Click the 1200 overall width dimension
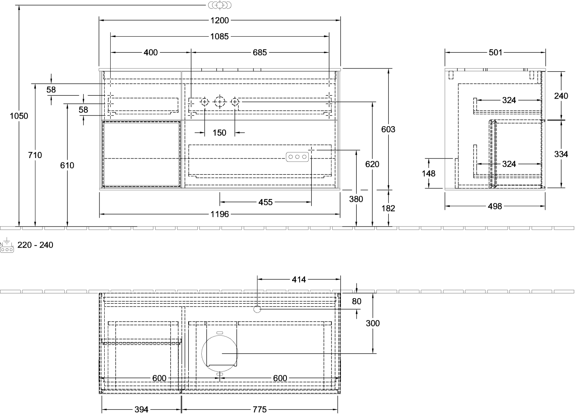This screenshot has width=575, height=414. [x=220, y=20]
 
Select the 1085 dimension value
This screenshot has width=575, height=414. [x=220, y=37]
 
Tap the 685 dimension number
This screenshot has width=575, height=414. [x=260, y=53]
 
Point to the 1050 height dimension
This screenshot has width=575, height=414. [x=19, y=116]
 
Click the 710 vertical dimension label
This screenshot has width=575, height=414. [x=35, y=155]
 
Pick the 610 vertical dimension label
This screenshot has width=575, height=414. [x=67, y=165]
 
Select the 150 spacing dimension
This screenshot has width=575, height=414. [x=220, y=133]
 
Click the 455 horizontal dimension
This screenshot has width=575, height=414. [x=265, y=202]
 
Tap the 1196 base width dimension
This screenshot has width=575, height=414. [x=220, y=214]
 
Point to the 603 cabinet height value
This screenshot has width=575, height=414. [x=388, y=129]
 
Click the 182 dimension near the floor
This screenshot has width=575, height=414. [x=388, y=208]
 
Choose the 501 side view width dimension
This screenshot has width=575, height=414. [x=495, y=53]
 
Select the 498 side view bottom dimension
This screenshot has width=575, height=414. [x=495, y=206]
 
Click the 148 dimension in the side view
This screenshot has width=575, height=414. [x=429, y=173]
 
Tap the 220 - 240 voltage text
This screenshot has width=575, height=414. [x=35, y=245]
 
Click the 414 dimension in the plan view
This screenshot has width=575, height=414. [x=299, y=279]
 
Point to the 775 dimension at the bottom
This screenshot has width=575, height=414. [x=260, y=409]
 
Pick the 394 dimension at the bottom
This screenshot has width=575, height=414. [x=141, y=409]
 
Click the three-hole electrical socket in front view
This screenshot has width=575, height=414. [x=297, y=157]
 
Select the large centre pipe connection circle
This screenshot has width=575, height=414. [x=220, y=102]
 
